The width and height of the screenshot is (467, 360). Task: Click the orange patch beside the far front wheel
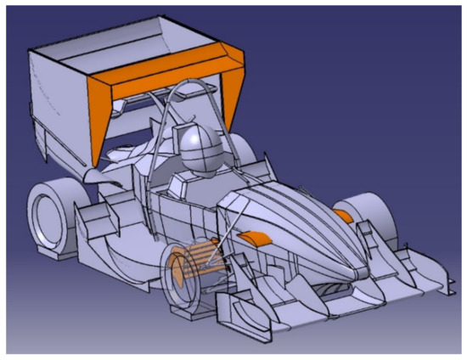(x=343, y=216)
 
